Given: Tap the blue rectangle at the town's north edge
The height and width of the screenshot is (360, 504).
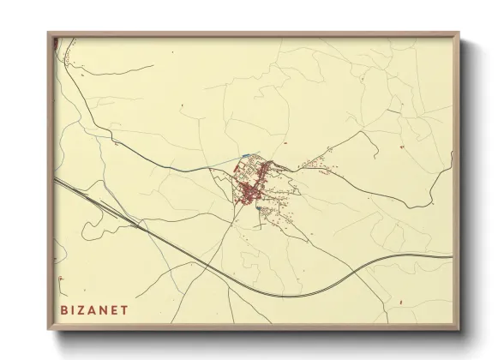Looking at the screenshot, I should click(248, 155).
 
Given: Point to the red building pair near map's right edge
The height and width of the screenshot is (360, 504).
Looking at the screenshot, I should click(426, 146).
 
